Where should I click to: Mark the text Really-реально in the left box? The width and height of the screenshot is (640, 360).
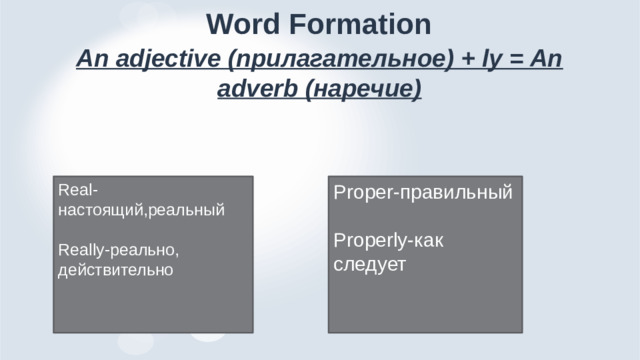(x=118, y=249)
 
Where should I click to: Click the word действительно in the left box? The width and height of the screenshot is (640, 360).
(x=115, y=269)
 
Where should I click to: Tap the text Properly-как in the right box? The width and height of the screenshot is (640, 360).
(x=389, y=240)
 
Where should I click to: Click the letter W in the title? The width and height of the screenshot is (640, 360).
(x=220, y=22)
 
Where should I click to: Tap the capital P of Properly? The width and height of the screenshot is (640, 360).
(x=339, y=240)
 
